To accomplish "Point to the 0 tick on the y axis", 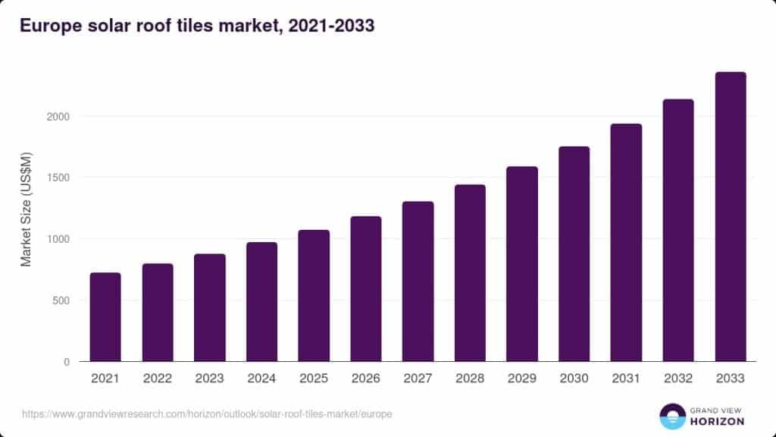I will (x=67, y=362).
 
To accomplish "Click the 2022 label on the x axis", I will (x=158, y=378).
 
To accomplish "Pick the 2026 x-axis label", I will (x=366, y=378).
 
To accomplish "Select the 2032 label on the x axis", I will (x=678, y=378).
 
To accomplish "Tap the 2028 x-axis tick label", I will (x=470, y=378).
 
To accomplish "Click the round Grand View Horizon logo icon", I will (x=671, y=416).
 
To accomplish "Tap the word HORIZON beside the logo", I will (x=717, y=421).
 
